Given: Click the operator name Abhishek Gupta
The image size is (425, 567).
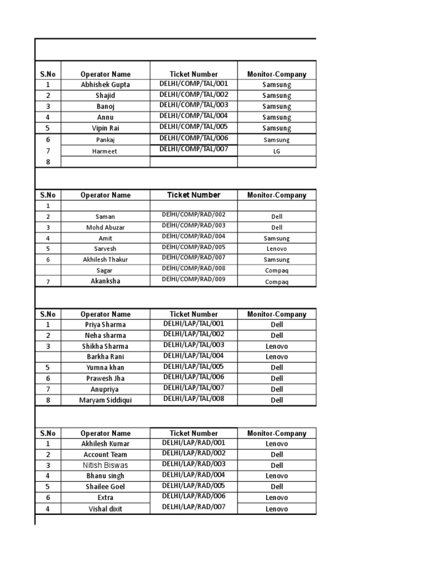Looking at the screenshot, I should click(x=105, y=85).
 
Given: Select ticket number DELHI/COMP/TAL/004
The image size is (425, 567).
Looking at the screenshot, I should click(x=194, y=116).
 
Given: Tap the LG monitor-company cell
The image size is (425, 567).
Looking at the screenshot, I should click(x=277, y=151).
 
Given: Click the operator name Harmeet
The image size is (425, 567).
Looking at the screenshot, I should click(x=105, y=151).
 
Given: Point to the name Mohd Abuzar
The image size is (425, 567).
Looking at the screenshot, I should click(x=105, y=228).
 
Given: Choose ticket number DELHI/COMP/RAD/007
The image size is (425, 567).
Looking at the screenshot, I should click(x=194, y=257).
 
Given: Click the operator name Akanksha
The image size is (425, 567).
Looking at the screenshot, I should click(x=105, y=281).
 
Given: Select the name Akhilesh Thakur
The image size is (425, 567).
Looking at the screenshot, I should click(x=105, y=260).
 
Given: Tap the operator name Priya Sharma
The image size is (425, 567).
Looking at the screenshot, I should click(x=105, y=325).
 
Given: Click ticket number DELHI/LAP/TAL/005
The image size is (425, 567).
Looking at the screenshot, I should click(x=194, y=366).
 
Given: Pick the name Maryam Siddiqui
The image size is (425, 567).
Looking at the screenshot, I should click(x=105, y=400).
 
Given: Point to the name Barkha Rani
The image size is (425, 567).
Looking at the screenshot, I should click(x=105, y=357).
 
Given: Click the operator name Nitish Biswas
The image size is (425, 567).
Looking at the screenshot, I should click(x=105, y=465).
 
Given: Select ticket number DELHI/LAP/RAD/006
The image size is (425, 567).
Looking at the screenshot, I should click(x=194, y=496).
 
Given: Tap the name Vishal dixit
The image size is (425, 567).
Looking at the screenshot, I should click(x=105, y=509).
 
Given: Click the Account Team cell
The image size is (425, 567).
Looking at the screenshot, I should click(x=105, y=455).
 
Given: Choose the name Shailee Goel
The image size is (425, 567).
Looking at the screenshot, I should click(x=105, y=487).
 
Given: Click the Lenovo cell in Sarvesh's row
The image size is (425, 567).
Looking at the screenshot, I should click(x=277, y=249).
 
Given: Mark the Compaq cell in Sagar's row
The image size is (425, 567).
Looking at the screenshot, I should click(x=277, y=271).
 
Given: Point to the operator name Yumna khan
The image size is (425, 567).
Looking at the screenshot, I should click(x=105, y=368).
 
